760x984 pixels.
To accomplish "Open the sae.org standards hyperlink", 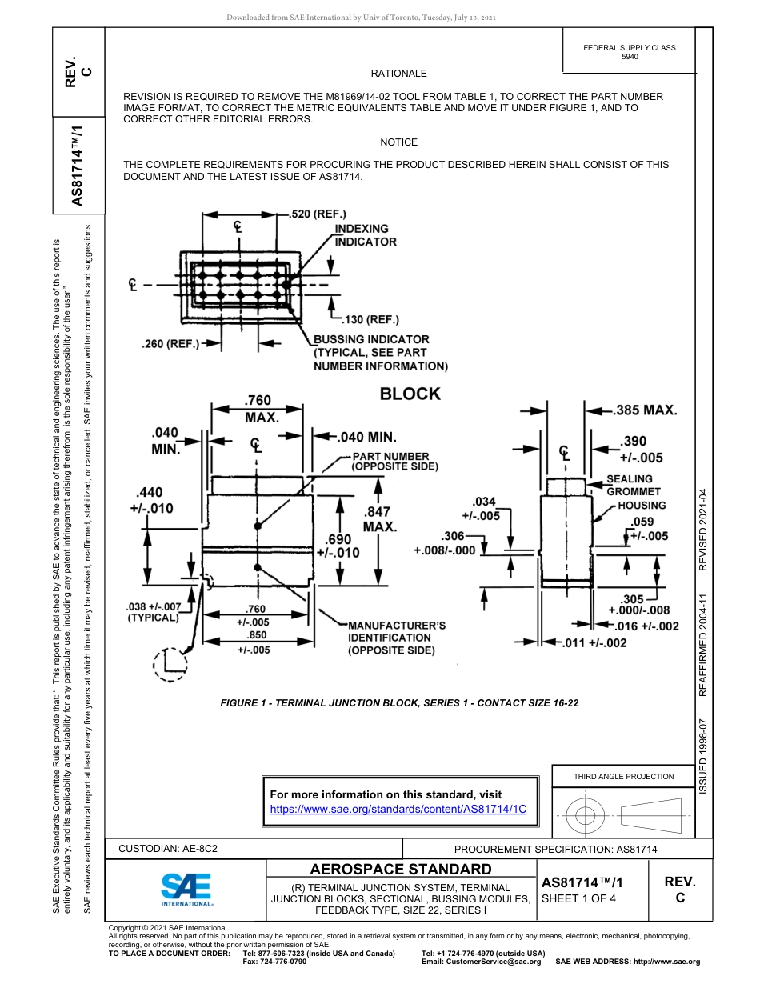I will tap(398, 809).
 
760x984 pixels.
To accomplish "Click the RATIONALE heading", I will tap(398, 74).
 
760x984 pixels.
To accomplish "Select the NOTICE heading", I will tap(398, 142).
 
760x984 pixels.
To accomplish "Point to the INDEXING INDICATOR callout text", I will tap(365, 235).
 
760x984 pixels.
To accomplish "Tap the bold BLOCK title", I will tap(410, 394).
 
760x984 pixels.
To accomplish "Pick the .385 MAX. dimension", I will tap(646, 410).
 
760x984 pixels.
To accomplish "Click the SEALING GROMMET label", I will tap(634, 486).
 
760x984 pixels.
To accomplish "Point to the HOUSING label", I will tap(642, 506).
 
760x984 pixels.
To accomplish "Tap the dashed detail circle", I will tap(170, 663).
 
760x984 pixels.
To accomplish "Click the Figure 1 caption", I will tap(399, 702).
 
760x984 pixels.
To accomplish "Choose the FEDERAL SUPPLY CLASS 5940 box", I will tap(629, 52).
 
